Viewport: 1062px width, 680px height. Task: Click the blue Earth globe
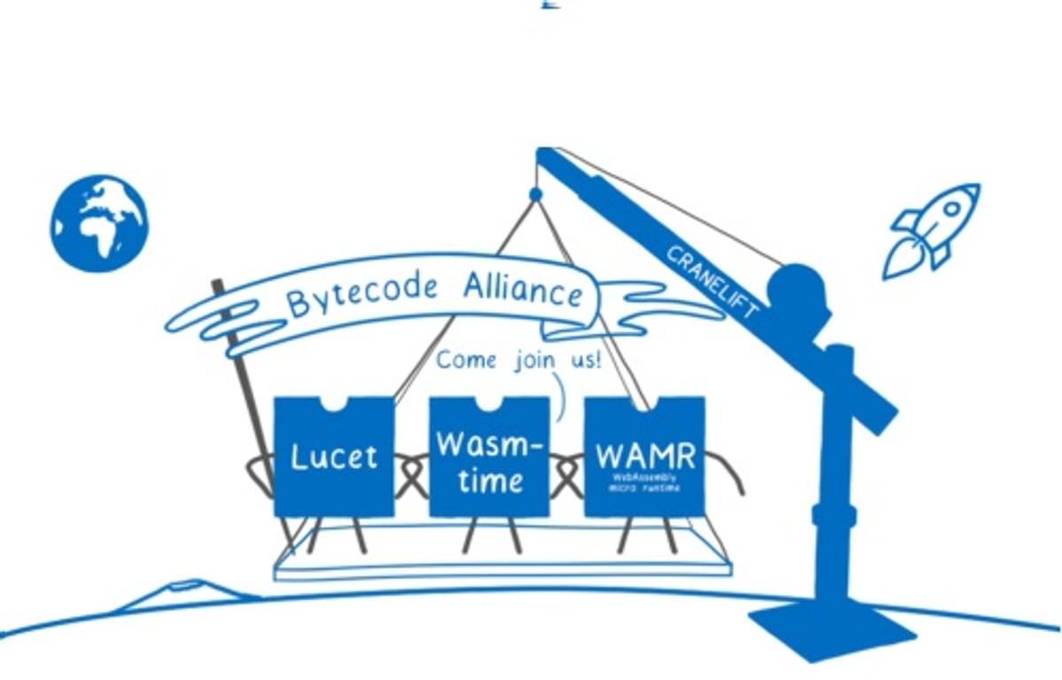[x=99, y=223]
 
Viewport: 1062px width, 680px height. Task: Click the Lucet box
[x=334, y=457]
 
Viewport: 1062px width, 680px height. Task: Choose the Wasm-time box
[x=489, y=457]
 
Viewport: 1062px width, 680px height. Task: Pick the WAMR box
[x=644, y=457]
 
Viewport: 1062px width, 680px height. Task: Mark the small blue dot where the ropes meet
[x=535, y=194]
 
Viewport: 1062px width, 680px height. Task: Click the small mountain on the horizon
[x=186, y=591]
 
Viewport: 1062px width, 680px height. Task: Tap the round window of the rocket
[x=951, y=210]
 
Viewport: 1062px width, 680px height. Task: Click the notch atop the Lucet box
[x=334, y=404]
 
